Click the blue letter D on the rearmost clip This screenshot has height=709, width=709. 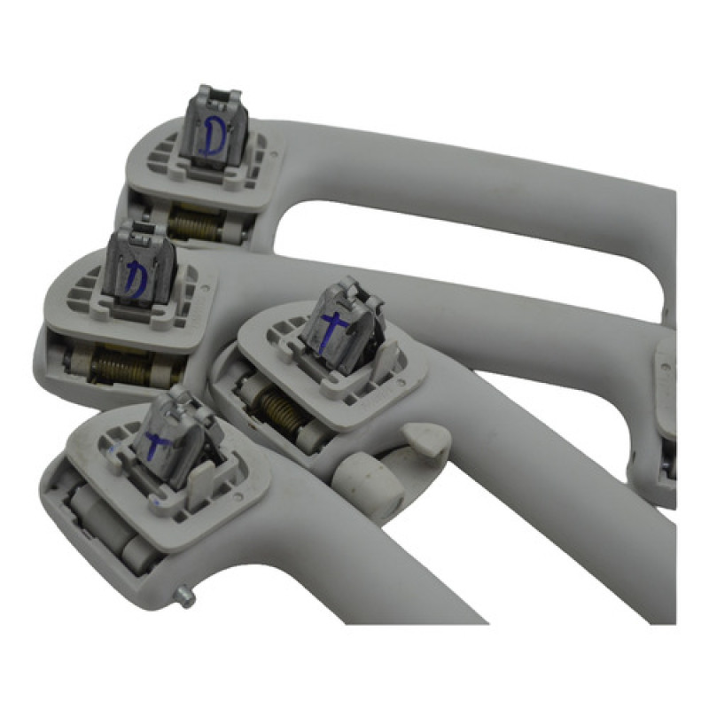point(212,136)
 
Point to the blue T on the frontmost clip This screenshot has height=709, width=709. point(156,444)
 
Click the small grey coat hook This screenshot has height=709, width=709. point(425,438)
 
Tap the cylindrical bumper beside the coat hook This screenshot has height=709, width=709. point(369,484)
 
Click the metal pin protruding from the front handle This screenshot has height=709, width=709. point(186,595)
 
